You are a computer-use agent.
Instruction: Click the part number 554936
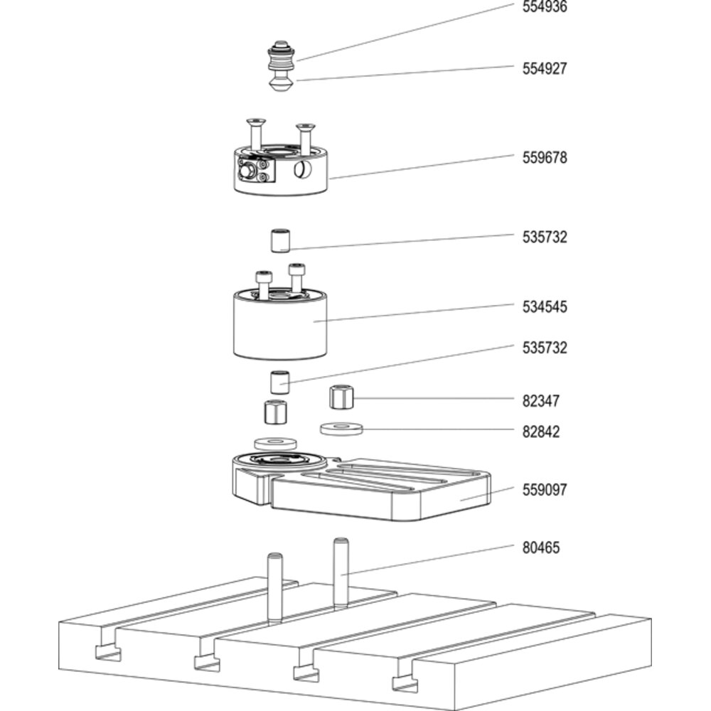click(x=545, y=7)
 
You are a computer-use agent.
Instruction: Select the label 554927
click(x=545, y=68)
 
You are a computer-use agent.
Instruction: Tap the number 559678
click(x=545, y=158)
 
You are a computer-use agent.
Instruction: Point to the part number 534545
click(x=545, y=307)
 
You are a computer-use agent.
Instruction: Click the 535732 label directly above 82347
click(x=545, y=348)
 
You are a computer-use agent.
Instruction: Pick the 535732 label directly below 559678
click(x=545, y=237)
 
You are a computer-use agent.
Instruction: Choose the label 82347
click(x=541, y=401)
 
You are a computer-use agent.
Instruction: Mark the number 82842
click(x=541, y=432)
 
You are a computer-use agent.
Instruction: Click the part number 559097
click(x=545, y=490)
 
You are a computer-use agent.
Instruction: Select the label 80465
click(x=541, y=547)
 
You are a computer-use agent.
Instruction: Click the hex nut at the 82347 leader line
click(x=342, y=397)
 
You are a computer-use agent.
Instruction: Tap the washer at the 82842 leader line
click(x=341, y=429)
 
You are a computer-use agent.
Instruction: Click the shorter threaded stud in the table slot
click(x=274, y=589)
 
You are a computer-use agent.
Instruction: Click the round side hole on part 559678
click(x=302, y=170)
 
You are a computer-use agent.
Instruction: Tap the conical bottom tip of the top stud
click(x=281, y=85)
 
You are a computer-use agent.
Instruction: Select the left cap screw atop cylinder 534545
click(x=264, y=284)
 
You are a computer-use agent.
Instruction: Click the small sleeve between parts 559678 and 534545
click(x=281, y=241)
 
